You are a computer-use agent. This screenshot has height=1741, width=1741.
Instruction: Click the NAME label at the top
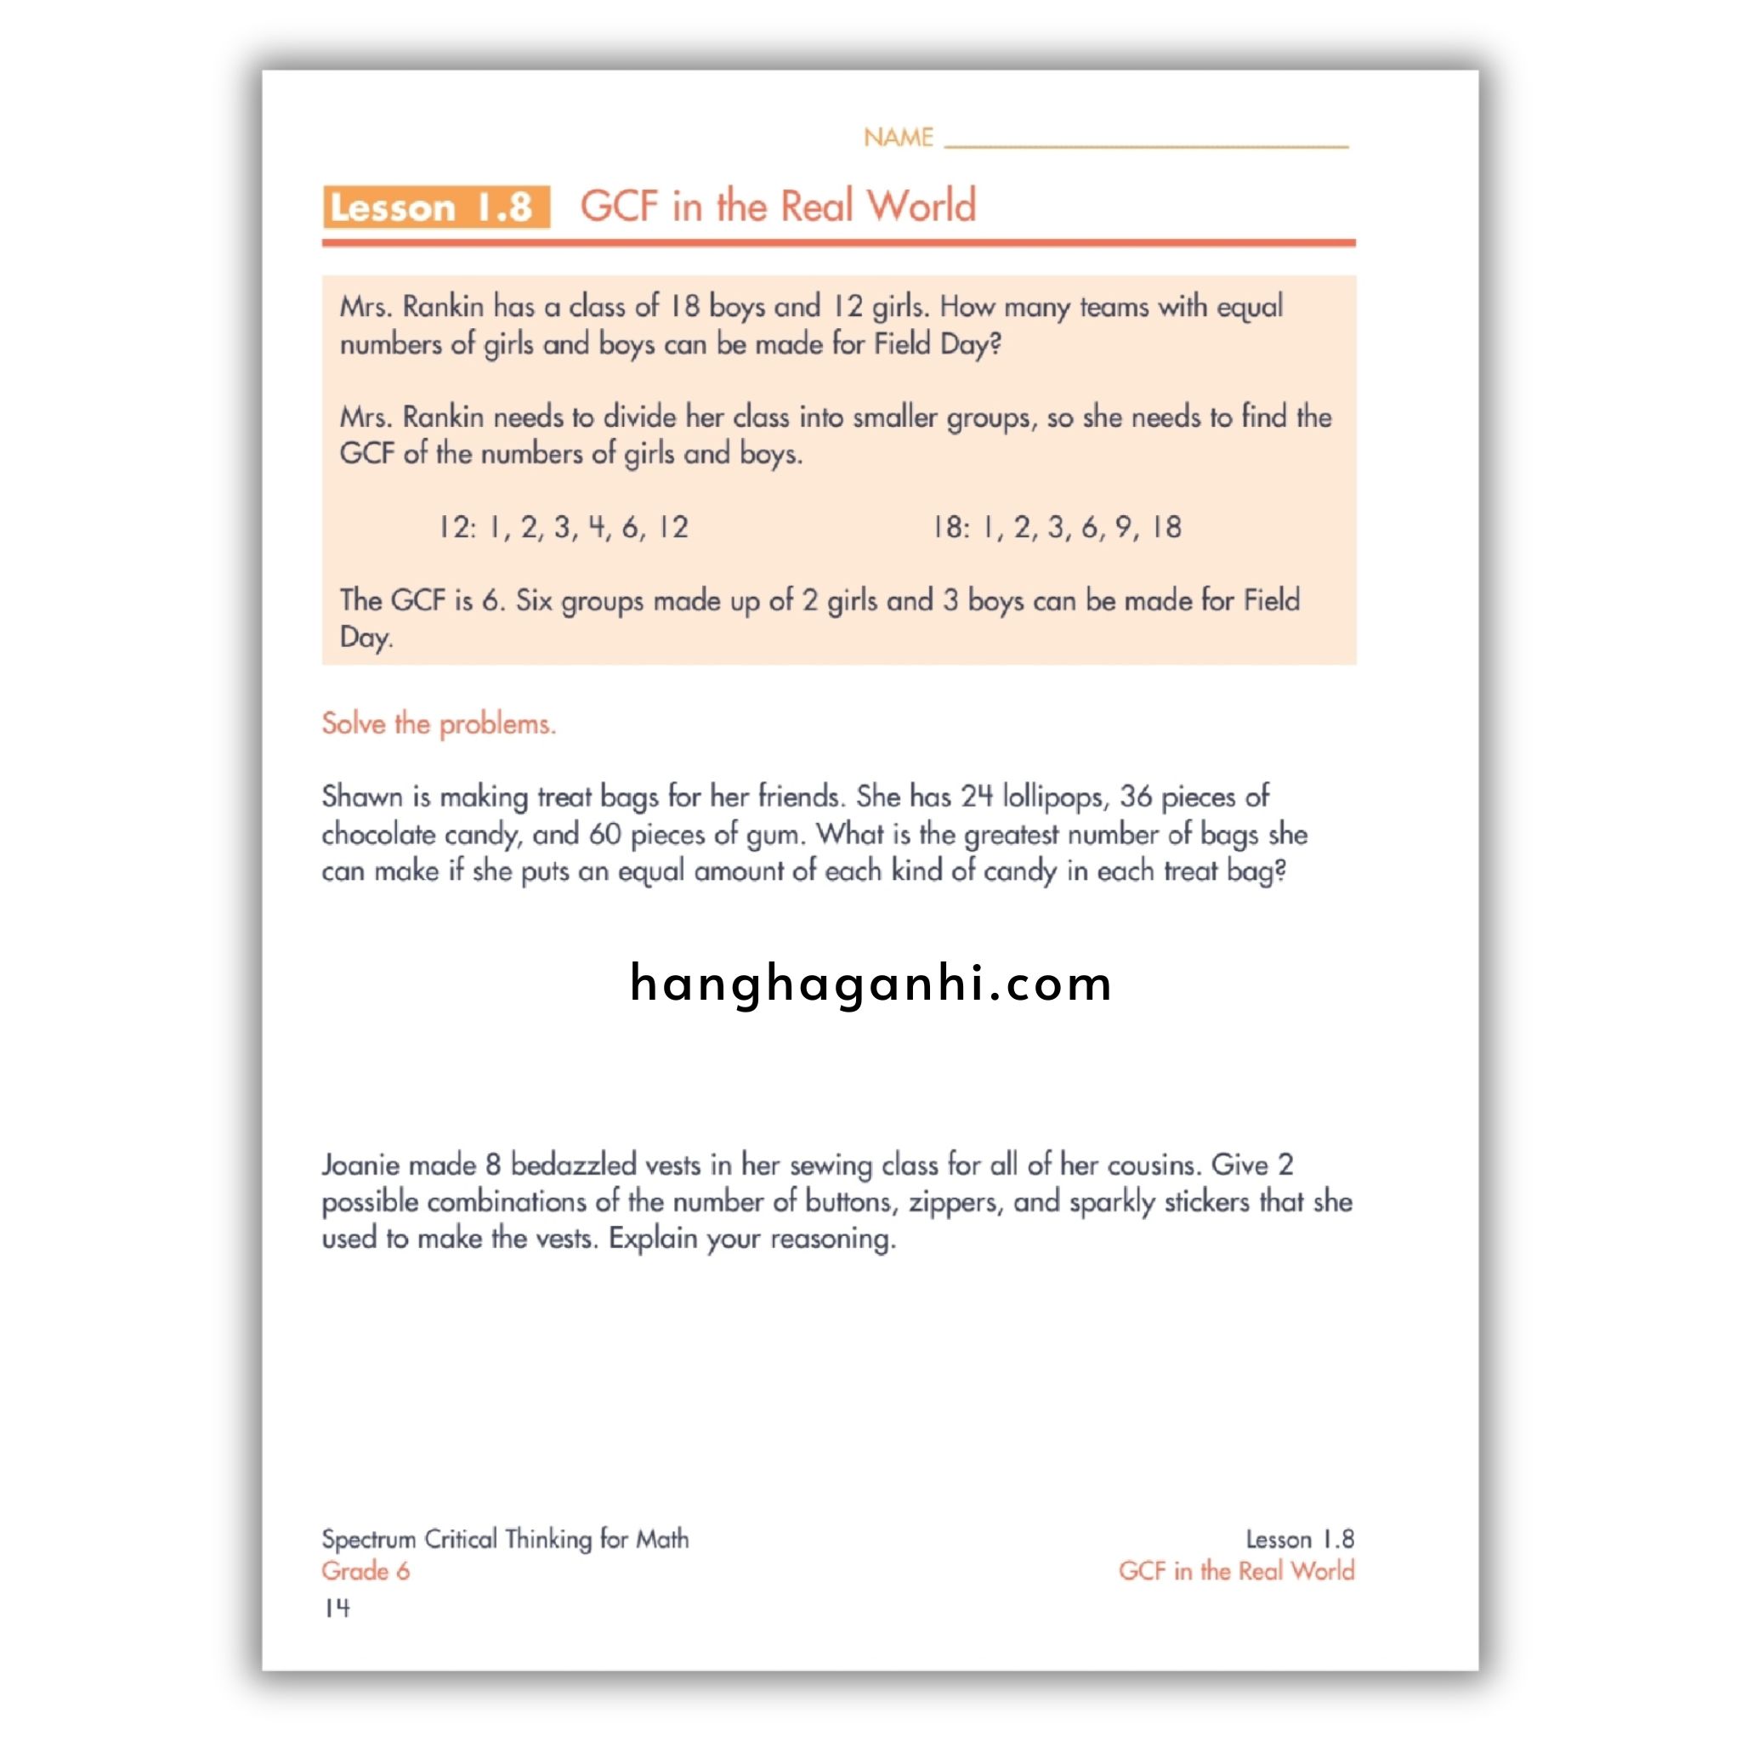point(898,137)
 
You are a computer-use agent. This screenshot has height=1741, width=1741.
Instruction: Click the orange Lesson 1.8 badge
point(436,207)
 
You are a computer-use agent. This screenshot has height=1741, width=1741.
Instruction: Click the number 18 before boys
point(684,306)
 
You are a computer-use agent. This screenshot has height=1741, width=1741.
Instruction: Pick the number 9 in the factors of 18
point(1123,527)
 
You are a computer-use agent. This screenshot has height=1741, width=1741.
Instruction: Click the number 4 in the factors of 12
point(597,527)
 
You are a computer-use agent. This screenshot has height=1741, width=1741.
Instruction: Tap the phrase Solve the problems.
point(439,723)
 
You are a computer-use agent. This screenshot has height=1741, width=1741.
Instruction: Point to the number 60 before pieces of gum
point(604,835)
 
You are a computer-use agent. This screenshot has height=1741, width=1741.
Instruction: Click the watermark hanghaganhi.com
point(870,984)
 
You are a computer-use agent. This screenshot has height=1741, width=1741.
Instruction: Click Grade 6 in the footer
point(366,1571)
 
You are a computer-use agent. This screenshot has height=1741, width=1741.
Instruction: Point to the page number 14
point(337,1608)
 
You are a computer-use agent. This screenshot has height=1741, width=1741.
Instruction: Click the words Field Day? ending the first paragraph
point(936,344)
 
